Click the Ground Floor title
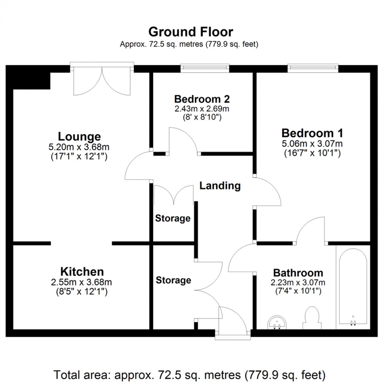tap(190, 31)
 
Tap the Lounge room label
tap(79, 136)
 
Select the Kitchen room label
tap(82, 271)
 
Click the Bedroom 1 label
tap(312, 132)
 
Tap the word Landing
tap(220, 185)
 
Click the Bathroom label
tap(298, 272)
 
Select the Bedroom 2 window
tap(205, 68)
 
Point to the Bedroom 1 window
tap(313, 68)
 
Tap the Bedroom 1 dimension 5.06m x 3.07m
tap(312, 143)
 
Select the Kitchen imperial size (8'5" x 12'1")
tap(82, 292)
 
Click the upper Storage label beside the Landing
tap(173, 218)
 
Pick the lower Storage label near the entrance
tap(173, 280)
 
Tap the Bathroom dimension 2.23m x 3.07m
tap(298, 283)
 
